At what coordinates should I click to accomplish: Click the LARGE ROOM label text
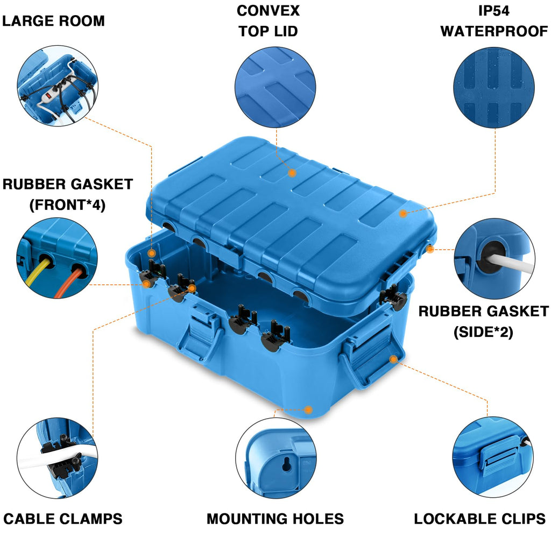pyautogui.click(x=53, y=21)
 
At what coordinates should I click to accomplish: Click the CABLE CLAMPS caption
pyautogui.click(x=63, y=519)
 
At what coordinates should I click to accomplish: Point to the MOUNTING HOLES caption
pyautogui.click(x=275, y=519)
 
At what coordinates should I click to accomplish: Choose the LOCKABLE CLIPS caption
pyautogui.click(x=479, y=519)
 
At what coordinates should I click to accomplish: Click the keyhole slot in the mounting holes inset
pyautogui.click(x=287, y=464)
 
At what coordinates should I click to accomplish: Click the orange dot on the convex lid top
pyautogui.click(x=292, y=173)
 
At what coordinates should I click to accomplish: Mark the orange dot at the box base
pyautogui.click(x=308, y=410)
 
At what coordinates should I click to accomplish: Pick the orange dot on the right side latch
pyautogui.click(x=393, y=358)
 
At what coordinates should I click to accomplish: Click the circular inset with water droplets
pyautogui.click(x=494, y=88)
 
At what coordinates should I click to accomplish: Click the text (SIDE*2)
pyautogui.click(x=483, y=332)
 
